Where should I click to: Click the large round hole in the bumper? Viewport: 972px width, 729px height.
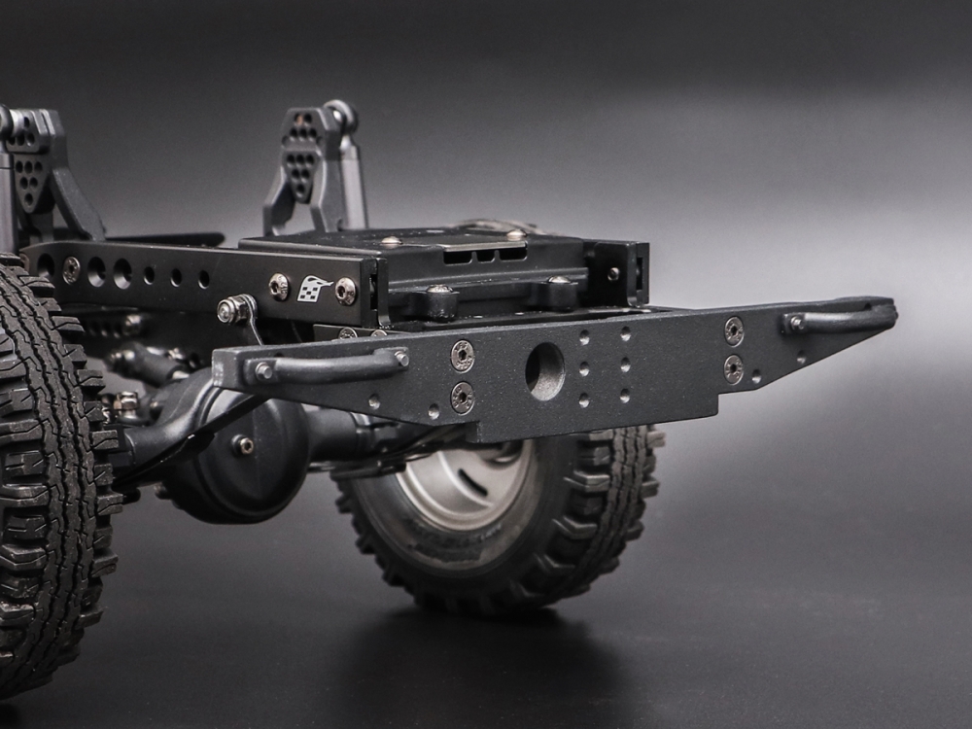[544, 371]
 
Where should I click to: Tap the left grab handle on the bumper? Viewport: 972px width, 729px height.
[330, 366]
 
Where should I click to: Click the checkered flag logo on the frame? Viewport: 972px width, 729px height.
[313, 289]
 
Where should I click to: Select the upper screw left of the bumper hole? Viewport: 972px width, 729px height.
[463, 355]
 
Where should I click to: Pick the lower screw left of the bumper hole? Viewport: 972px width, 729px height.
[463, 397]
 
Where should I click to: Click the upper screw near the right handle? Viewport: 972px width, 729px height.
[734, 331]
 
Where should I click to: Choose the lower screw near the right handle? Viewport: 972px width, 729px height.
[733, 368]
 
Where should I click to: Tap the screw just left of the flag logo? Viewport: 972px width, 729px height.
[279, 286]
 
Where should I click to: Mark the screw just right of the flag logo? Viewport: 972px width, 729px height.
[346, 291]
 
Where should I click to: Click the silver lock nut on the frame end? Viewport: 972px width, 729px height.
[228, 311]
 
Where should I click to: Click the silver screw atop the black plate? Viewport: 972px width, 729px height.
[391, 241]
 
